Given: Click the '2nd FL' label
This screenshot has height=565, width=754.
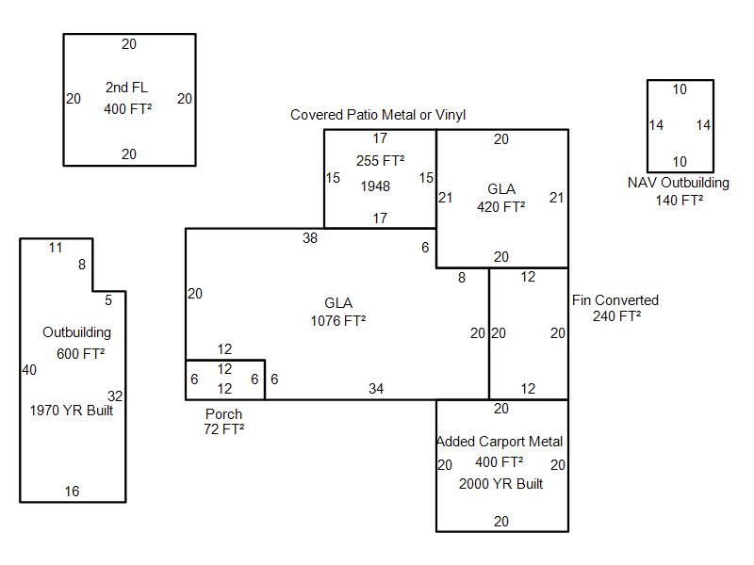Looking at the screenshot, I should [126, 88].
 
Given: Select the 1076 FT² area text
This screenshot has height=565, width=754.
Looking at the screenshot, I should [338, 320].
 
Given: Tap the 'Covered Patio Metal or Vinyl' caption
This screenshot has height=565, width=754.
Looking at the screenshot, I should [378, 115].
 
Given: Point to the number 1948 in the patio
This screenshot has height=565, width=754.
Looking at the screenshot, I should [375, 186].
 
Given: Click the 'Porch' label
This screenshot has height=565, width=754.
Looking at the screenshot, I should [223, 414].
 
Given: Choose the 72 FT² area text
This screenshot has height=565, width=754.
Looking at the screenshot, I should [224, 429].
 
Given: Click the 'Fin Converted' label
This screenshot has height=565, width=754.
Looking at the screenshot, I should [615, 300].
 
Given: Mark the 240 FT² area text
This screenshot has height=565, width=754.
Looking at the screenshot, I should [617, 316].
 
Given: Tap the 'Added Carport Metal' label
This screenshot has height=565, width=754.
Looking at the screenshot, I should [500, 442].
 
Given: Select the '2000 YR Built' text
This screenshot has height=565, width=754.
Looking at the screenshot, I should [501, 484].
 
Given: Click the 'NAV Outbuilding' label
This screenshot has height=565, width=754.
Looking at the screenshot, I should [679, 183].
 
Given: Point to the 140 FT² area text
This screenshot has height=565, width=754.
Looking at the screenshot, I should [680, 200].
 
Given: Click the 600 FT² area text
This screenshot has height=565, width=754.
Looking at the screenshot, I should [80, 353].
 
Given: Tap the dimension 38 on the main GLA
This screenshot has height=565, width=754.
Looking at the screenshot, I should [310, 238].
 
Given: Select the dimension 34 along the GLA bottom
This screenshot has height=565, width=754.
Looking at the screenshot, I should [376, 389].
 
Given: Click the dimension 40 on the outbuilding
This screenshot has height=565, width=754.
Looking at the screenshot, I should [29, 370].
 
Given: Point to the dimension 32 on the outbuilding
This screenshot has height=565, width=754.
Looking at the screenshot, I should [115, 396].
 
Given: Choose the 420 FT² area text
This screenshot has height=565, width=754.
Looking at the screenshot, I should [501, 207].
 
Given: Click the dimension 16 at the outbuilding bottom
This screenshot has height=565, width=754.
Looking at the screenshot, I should [72, 492].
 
